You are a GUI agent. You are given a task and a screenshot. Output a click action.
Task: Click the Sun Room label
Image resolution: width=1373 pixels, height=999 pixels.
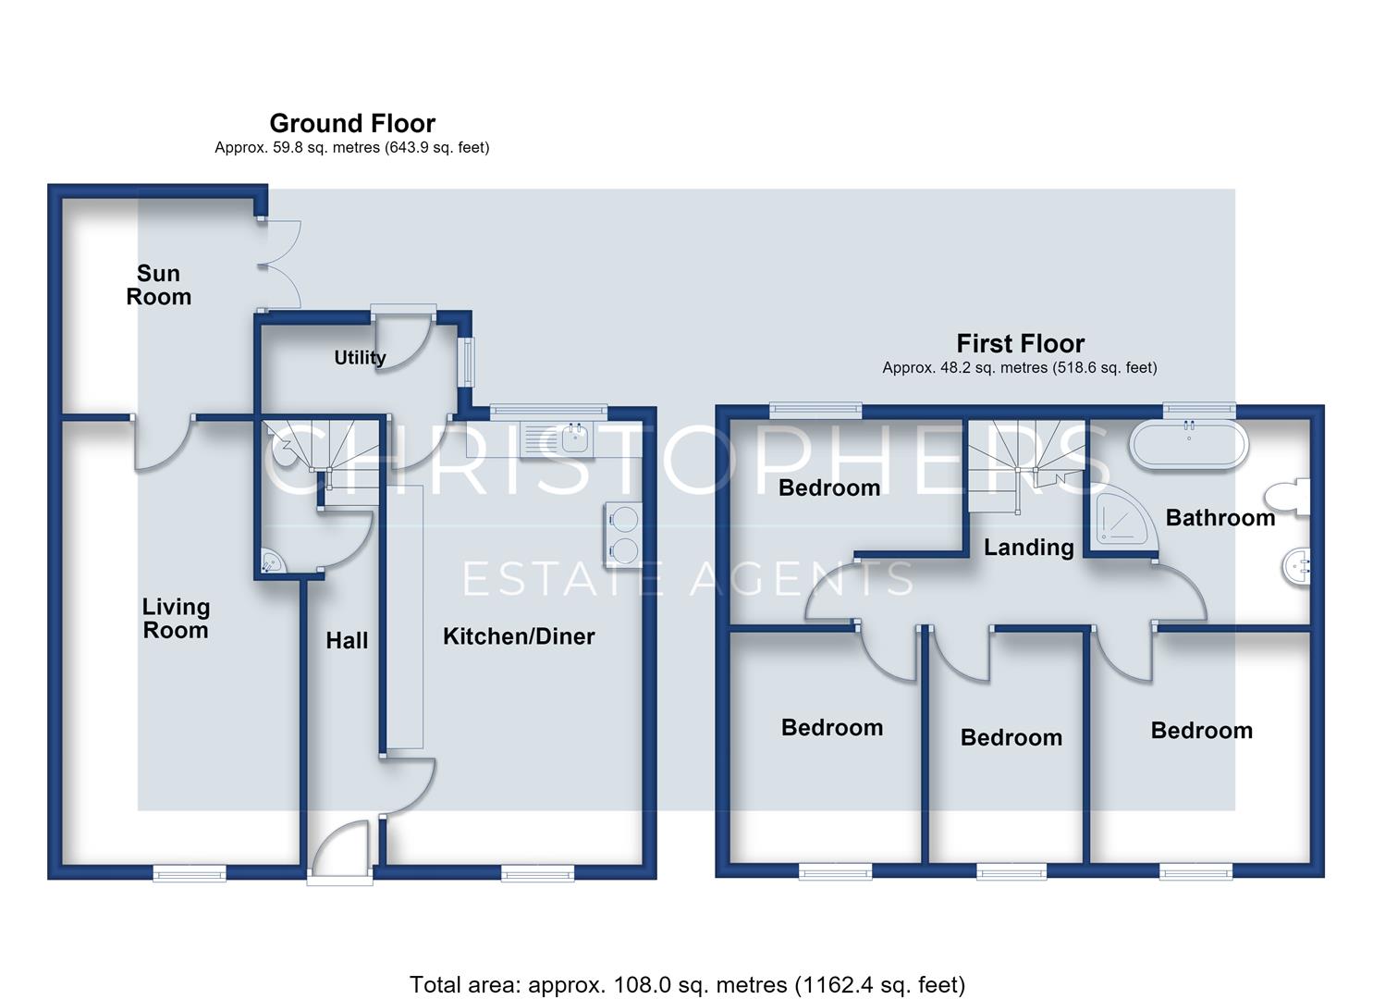tap(159, 285)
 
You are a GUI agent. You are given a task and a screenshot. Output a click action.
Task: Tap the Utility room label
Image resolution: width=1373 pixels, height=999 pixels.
tap(360, 357)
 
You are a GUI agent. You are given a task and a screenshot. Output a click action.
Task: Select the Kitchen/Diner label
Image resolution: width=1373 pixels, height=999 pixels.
tap(519, 636)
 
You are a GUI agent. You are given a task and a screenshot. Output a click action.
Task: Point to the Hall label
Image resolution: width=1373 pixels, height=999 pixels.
tap(347, 641)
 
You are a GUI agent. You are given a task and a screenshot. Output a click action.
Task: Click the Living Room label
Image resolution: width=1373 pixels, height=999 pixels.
tap(176, 619)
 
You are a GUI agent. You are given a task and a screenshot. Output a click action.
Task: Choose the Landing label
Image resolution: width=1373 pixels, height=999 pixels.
tap(1028, 548)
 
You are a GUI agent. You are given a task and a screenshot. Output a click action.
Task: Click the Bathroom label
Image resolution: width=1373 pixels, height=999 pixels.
tap(1220, 518)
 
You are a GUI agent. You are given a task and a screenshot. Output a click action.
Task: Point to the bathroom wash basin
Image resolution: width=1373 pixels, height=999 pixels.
tap(1295, 568)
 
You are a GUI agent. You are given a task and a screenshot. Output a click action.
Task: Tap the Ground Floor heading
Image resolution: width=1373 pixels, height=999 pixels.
tap(352, 123)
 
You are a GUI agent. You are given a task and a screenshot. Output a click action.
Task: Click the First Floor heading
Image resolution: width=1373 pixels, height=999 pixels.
tap(1021, 343)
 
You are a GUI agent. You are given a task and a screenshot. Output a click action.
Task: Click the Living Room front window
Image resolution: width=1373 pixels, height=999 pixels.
tap(190, 872)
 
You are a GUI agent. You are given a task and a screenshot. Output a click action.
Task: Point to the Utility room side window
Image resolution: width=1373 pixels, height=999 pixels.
tap(468, 362)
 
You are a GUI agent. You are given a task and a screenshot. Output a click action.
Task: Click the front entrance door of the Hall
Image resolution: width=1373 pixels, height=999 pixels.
tap(341, 849)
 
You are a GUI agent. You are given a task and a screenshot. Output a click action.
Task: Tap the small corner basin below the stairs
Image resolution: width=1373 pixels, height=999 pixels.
tap(272, 561)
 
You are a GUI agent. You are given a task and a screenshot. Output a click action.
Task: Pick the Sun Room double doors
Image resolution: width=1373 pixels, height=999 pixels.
tap(279, 265)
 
